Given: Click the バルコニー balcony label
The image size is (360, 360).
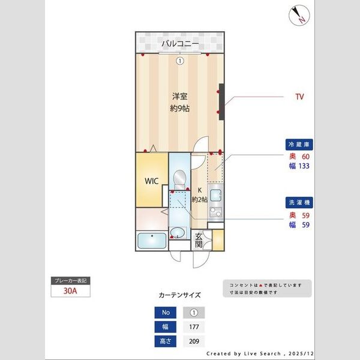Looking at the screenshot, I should [179, 43].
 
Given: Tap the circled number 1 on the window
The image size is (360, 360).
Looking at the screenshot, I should [179, 61].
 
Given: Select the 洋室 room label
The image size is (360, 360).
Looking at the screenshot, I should [179, 96].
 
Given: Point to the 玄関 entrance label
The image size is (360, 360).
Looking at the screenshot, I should [199, 241].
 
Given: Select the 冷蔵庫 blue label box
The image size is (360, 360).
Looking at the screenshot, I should [300, 145].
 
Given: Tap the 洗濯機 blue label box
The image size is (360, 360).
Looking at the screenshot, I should [300, 203].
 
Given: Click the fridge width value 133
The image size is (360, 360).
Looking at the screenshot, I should [304, 167].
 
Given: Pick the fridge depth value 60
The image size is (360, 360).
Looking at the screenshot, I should [305, 157].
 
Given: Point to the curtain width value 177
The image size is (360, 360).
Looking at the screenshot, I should [193, 327].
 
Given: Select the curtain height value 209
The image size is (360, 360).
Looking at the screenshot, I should [193, 341].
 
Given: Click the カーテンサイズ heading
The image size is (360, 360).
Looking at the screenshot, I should [179, 296].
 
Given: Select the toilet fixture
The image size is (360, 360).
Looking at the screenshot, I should [178, 178].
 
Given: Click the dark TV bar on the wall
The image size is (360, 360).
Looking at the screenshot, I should [221, 102].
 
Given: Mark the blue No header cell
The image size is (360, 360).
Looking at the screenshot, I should [166, 313].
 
